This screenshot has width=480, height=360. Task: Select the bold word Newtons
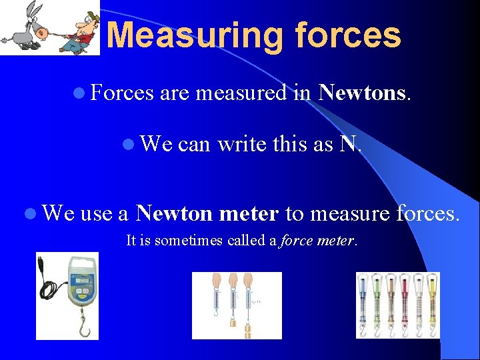click(361, 93)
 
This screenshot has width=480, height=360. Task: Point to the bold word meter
click(248, 213)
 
